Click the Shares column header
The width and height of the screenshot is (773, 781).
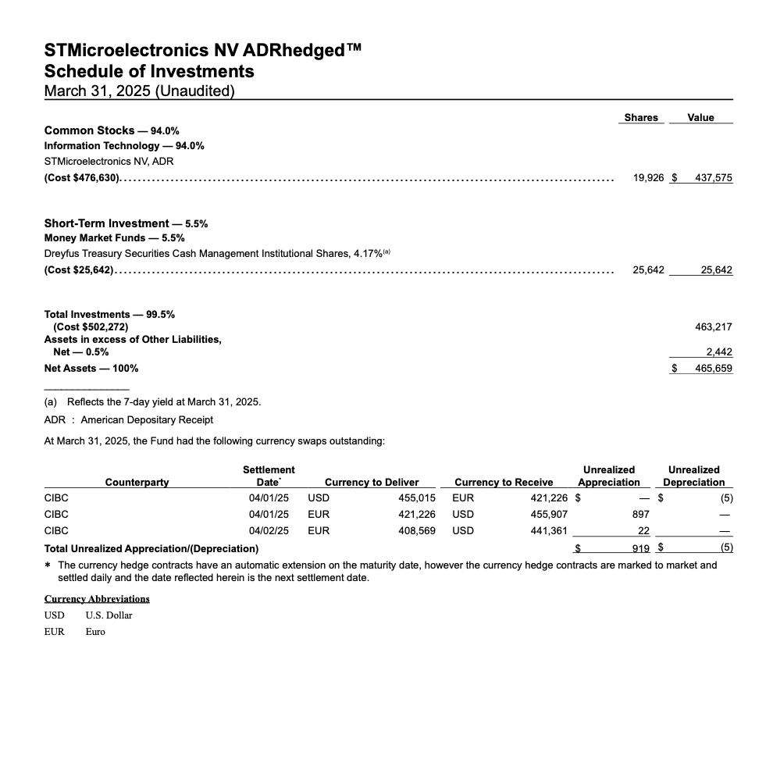click(641, 117)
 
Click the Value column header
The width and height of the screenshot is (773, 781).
click(700, 117)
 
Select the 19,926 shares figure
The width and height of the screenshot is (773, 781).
click(648, 178)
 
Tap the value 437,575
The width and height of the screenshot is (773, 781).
click(713, 178)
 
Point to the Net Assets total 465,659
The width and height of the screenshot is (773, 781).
click(713, 368)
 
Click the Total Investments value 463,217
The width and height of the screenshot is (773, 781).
click(713, 326)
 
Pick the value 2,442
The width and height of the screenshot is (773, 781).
click(719, 352)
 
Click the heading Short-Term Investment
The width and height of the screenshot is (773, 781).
click(107, 223)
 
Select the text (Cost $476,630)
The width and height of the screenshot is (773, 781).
click(82, 178)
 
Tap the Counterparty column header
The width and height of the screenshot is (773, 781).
click(137, 482)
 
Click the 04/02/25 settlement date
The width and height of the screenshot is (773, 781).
click(269, 530)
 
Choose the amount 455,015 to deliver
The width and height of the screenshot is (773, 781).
click(416, 497)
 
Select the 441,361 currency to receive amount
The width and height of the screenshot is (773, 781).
click(548, 530)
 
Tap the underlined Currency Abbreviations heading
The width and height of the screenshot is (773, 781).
click(97, 598)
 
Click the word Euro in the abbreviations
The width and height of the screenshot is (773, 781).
click(95, 631)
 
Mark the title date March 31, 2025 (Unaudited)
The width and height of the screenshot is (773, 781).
click(139, 91)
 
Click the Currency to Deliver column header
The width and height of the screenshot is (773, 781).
click(372, 482)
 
